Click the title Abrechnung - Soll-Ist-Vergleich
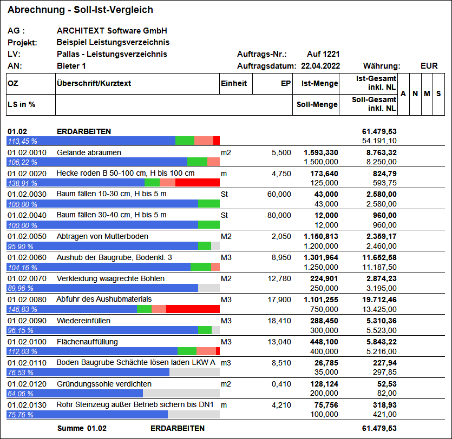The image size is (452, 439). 80,10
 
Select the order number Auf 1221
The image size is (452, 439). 323,54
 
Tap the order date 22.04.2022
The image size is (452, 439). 320,66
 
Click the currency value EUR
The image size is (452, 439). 429,66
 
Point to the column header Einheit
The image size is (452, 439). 234,83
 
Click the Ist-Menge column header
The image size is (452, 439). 320,83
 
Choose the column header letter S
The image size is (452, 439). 438,94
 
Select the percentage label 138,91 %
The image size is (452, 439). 23,183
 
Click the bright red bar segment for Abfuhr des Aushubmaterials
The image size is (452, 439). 193,309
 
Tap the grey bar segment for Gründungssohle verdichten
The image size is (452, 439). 181,394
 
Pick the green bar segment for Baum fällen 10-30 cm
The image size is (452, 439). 209,204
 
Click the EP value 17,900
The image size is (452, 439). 279,300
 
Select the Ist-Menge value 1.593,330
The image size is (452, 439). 321,152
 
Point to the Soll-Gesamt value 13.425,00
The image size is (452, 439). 379,309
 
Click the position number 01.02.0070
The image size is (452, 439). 27,278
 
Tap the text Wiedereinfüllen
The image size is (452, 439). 83,321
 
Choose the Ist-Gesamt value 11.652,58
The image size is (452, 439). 379,258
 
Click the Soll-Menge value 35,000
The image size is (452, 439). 326,372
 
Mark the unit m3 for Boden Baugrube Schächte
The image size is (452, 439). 226,363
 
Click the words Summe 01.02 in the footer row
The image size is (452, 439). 82,428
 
